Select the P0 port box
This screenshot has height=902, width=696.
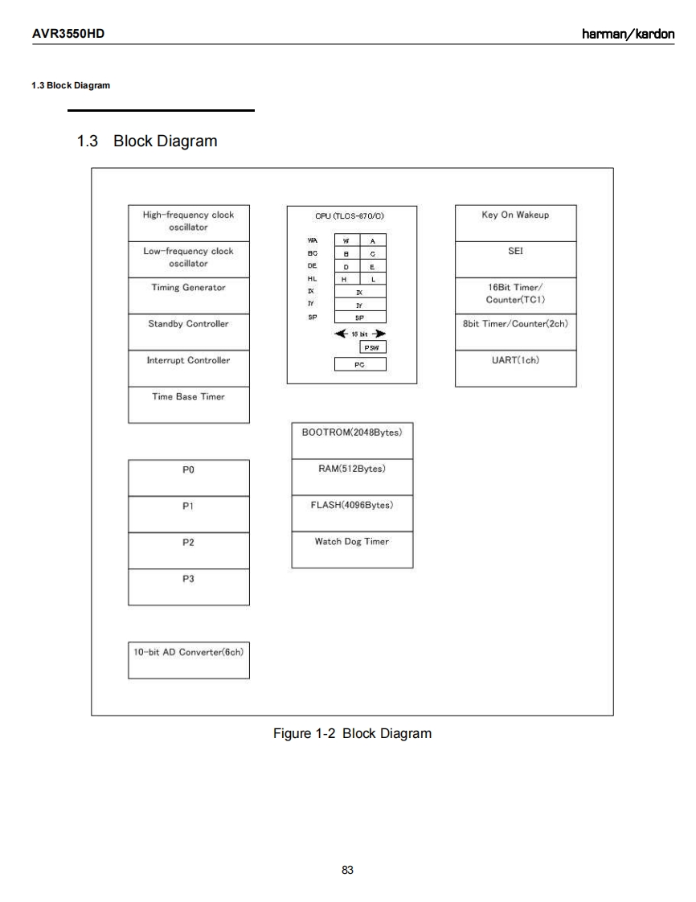[189, 478]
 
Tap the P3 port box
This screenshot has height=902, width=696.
[189, 587]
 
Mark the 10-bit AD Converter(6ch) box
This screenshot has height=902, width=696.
[189, 660]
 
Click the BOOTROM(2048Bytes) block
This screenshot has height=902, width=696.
[352, 440]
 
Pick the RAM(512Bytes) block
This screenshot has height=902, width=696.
[352, 477]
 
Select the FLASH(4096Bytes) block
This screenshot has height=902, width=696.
[352, 513]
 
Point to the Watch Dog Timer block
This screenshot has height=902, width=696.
[352, 550]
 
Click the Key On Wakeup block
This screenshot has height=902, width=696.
[515, 223]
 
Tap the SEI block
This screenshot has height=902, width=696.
[515, 259]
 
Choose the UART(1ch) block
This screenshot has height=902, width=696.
[515, 368]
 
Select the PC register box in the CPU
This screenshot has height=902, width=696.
[360, 364]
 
